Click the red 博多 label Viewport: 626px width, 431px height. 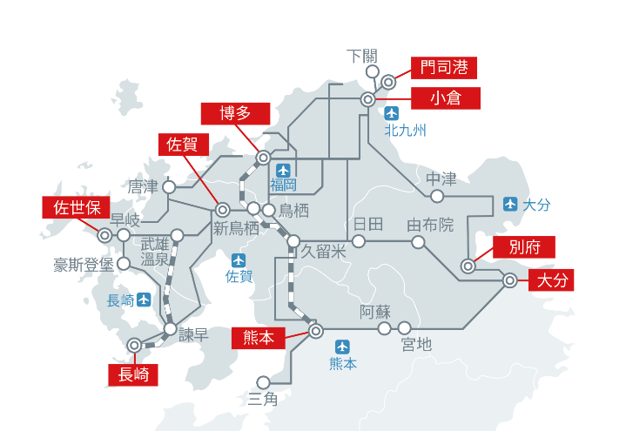236,114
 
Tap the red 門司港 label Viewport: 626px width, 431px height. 444,68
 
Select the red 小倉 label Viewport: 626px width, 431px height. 446,98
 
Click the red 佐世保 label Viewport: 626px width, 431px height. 77,207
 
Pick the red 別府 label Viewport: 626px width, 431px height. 524,247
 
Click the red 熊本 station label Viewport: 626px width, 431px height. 259,338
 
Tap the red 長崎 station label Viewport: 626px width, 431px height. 133,374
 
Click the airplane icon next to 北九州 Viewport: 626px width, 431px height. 392,113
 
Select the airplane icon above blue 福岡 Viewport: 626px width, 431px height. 283,171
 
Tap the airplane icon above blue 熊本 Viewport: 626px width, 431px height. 342,347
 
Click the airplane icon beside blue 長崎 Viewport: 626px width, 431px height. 144,300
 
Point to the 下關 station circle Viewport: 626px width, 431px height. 373,72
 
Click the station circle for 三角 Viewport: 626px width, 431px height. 264,382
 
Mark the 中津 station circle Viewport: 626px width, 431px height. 437,196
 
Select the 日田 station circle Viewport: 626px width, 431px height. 359,241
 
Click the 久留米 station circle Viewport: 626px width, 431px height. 293,241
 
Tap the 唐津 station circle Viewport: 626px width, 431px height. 169,187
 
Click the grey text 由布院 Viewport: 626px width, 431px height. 430,226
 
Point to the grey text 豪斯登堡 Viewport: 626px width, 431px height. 84,265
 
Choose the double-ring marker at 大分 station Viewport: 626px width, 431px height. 510,280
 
